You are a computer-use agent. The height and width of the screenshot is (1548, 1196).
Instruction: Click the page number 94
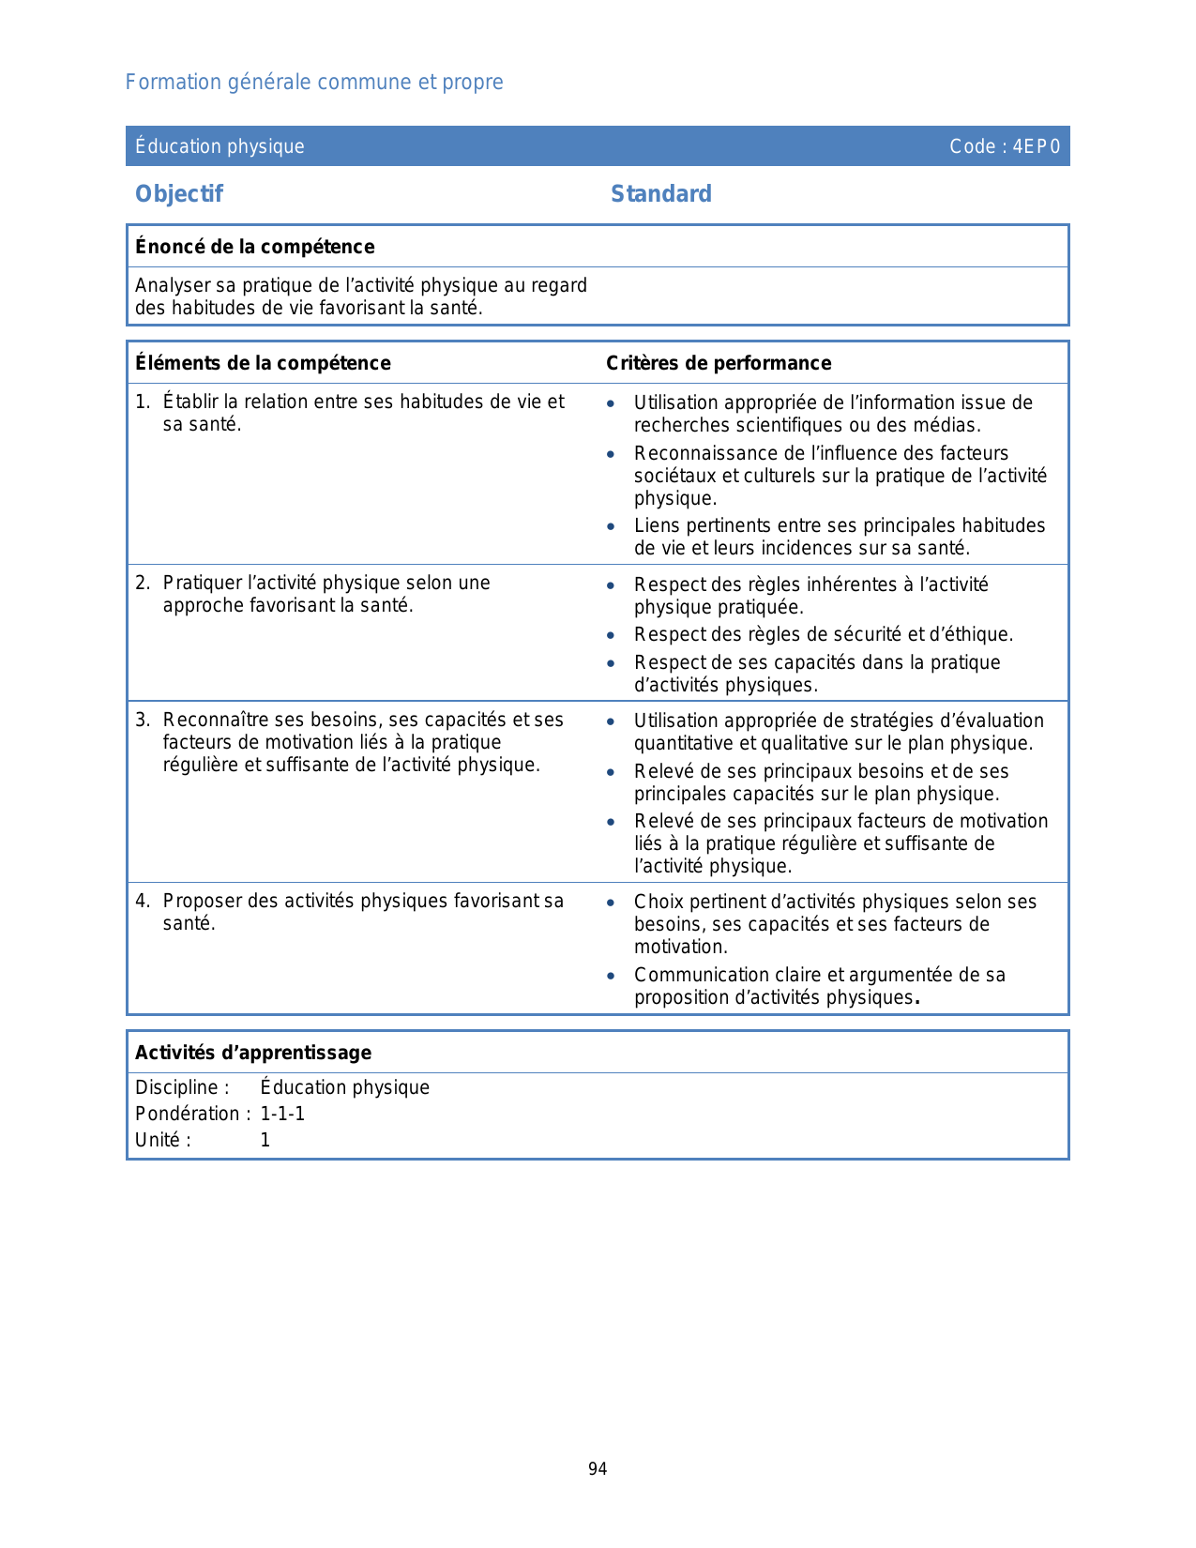(x=598, y=1469)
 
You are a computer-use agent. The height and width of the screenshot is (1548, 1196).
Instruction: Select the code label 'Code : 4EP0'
(x=1005, y=146)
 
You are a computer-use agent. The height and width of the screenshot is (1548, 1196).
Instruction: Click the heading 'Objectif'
(x=179, y=194)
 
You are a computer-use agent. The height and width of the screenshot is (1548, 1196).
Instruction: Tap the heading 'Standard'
(x=661, y=194)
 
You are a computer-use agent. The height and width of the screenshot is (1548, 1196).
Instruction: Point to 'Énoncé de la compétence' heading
(x=255, y=247)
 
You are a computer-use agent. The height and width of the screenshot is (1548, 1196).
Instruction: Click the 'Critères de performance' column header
(x=719, y=363)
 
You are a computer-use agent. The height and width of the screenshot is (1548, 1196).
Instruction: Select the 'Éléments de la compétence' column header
(x=263, y=363)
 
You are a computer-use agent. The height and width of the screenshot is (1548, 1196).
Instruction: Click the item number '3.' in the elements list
(x=143, y=721)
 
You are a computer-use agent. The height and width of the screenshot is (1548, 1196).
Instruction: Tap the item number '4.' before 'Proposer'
(x=143, y=902)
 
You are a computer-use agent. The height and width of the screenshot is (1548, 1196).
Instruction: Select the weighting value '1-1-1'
(x=282, y=1114)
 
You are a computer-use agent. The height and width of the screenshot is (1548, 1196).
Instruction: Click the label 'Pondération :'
(x=192, y=1114)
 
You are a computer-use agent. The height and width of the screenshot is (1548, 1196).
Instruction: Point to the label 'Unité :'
(x=163, y=1140)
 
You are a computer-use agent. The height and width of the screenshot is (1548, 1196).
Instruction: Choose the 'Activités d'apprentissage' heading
(x=253, y=1053)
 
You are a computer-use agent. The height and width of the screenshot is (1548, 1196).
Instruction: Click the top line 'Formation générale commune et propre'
(x=314, y=83)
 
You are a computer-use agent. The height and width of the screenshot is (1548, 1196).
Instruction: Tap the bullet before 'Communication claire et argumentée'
(x=611, y=977)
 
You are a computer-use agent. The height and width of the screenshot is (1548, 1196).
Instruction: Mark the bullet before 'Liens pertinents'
(x=611, y=527)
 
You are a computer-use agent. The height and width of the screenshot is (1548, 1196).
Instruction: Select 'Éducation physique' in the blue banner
(x=220, y=146)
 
